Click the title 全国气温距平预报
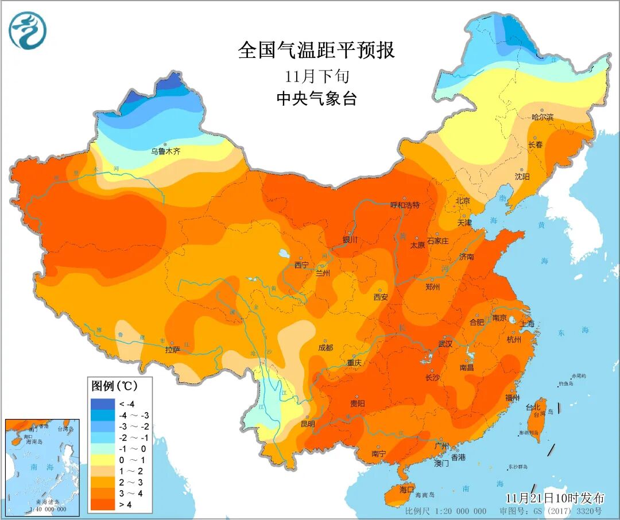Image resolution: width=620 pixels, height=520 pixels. (316, 51)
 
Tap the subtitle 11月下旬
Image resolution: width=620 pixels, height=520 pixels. (316, 76)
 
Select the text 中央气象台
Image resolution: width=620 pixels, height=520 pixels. (316, 99)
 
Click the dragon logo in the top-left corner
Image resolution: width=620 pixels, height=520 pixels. (28, 30)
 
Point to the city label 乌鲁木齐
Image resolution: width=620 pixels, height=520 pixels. (166, 152)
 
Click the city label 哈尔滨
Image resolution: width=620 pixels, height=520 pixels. (542, 117)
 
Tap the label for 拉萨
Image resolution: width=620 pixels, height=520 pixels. (173, 350)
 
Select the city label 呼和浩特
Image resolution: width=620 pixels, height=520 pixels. (405, 205)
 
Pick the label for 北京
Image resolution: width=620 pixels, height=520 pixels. (463, 201)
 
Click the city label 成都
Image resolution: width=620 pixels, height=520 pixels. (325, 348)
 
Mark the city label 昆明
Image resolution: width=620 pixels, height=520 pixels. (308, 424)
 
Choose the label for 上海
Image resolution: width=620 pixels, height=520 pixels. (528, 324)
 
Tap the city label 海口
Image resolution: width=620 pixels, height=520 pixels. (406, 490)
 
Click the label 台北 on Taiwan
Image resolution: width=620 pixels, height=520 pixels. (532, 408)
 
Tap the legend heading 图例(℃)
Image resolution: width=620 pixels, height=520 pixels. (113, 385)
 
